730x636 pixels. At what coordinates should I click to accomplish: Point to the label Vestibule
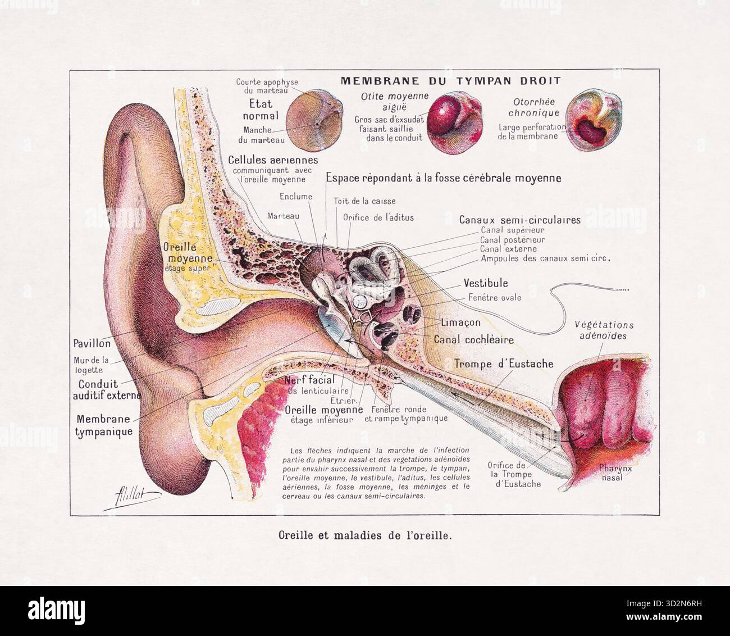[486, 284]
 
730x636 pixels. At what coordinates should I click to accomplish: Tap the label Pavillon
[92, 343]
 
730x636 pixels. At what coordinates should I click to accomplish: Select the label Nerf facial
[310, 379]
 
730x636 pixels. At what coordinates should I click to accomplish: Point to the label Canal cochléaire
[473, 339]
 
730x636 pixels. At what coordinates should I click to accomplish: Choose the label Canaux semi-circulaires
[519, 220]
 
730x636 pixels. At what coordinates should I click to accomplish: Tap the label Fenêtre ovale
[494, 298]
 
